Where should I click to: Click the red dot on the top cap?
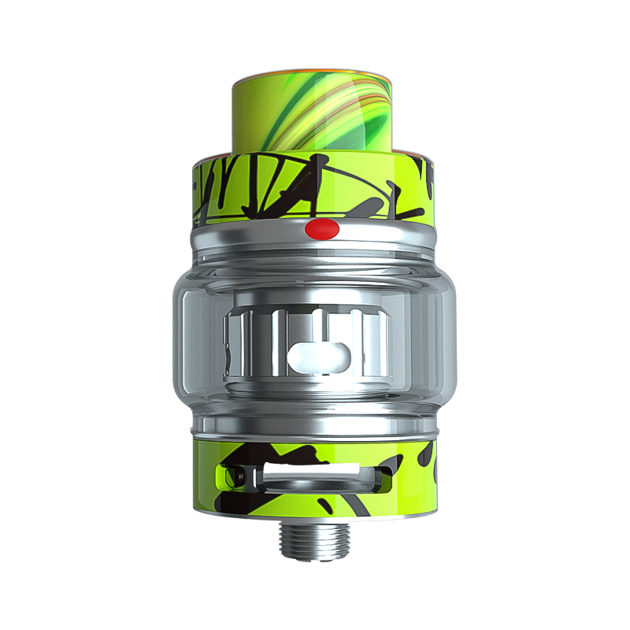click(320, 229)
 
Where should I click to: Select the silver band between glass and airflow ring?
click(315, 430)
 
